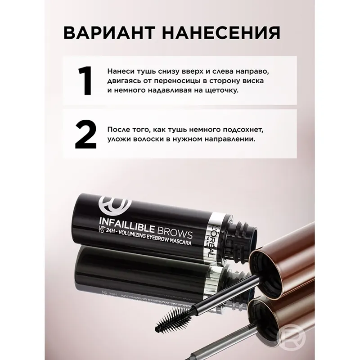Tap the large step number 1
pyautogui.click(x=85, y=81)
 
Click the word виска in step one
pyautogui.click(x=253, y=81)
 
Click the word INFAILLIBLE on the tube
pyautogui.click(x=127, y=226)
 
